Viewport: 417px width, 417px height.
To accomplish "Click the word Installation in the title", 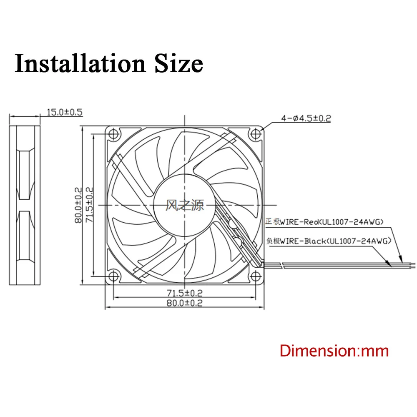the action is [x=78, y=63].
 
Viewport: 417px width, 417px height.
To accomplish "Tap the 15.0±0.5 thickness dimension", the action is [x=65, y=112].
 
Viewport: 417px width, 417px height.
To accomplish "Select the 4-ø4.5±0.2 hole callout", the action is [x=305, y=118].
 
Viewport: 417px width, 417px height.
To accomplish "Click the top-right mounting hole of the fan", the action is [x=256, y=134].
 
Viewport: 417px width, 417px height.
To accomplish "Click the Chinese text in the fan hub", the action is [x=185, y=205].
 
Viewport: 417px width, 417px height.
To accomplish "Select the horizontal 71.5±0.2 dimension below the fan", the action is [x=184, y=292].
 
